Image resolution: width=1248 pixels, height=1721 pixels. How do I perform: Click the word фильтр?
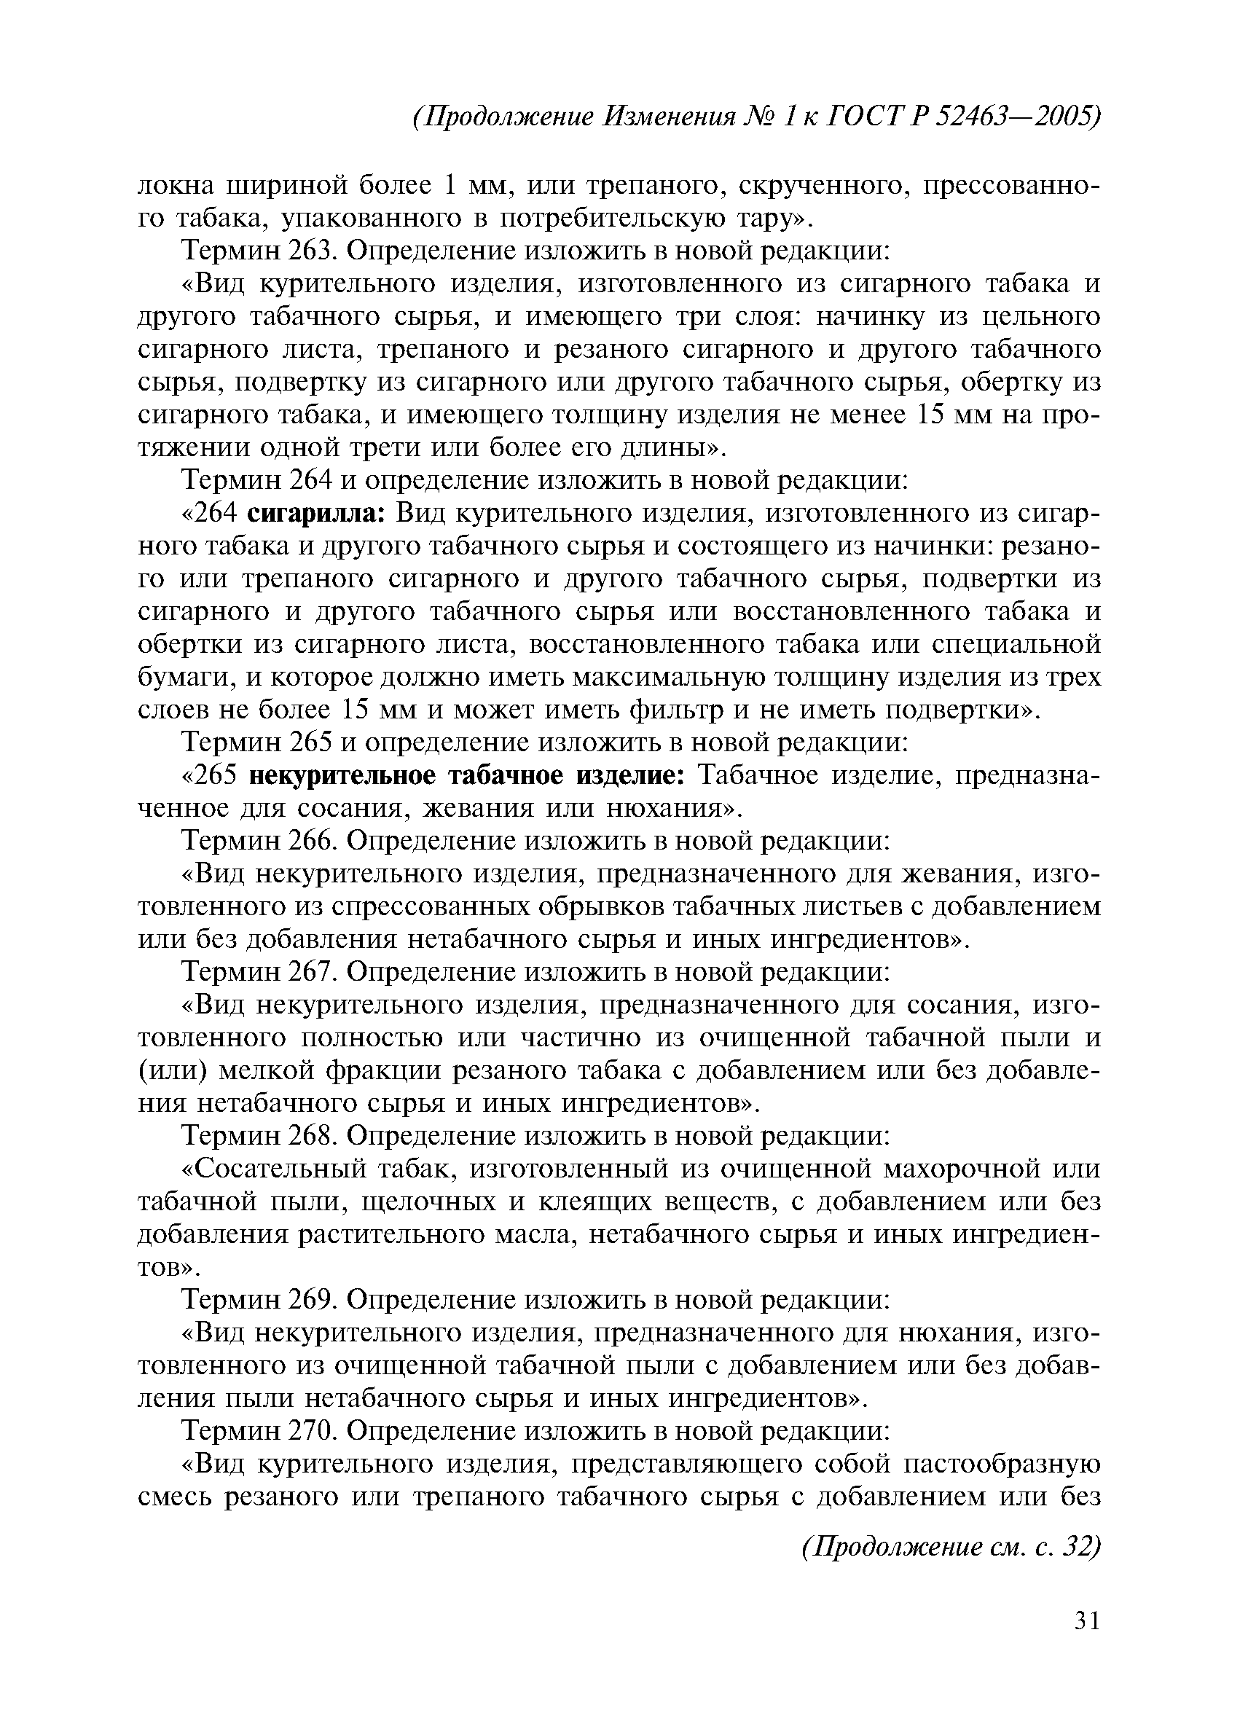point(668,710)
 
